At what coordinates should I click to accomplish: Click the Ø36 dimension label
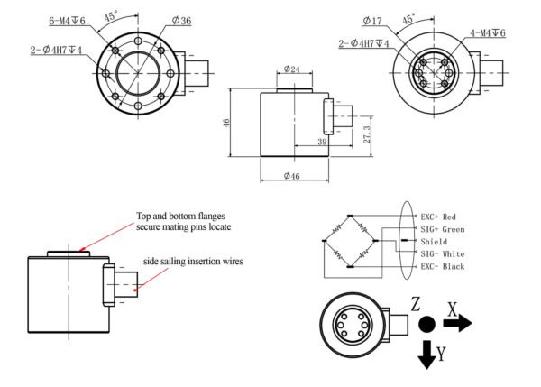(180, 21)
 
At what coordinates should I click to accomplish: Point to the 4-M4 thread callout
(487, 33)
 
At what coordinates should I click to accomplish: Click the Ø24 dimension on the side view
(291, 69)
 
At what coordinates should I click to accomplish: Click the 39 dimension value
(323, 142)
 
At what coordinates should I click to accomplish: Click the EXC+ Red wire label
(439, 217)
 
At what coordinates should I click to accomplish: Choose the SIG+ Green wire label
(443, 230)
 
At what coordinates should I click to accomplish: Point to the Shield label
(434, 243)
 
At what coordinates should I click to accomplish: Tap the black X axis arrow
(457, 324)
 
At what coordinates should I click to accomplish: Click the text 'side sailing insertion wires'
(194, 262)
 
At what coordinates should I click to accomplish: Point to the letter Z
(416, 303)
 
